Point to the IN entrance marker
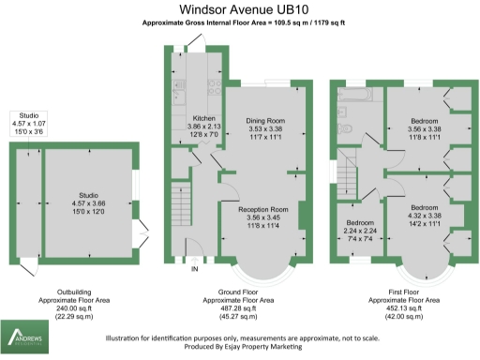point(195,270)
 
